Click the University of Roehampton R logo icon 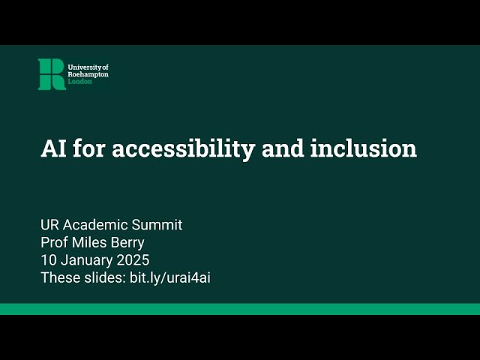point(52,74)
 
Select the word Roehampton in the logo point(88,74)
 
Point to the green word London point(79,82)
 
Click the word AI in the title point(52,148)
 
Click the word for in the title point(87,148)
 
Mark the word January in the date point(84,261)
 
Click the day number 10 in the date point(48,261)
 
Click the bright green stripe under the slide point(240,309)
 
